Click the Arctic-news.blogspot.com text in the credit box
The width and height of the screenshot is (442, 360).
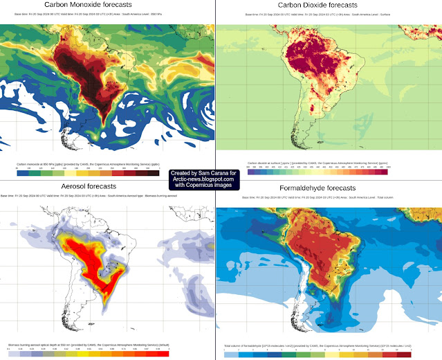[x=203, y=179]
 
